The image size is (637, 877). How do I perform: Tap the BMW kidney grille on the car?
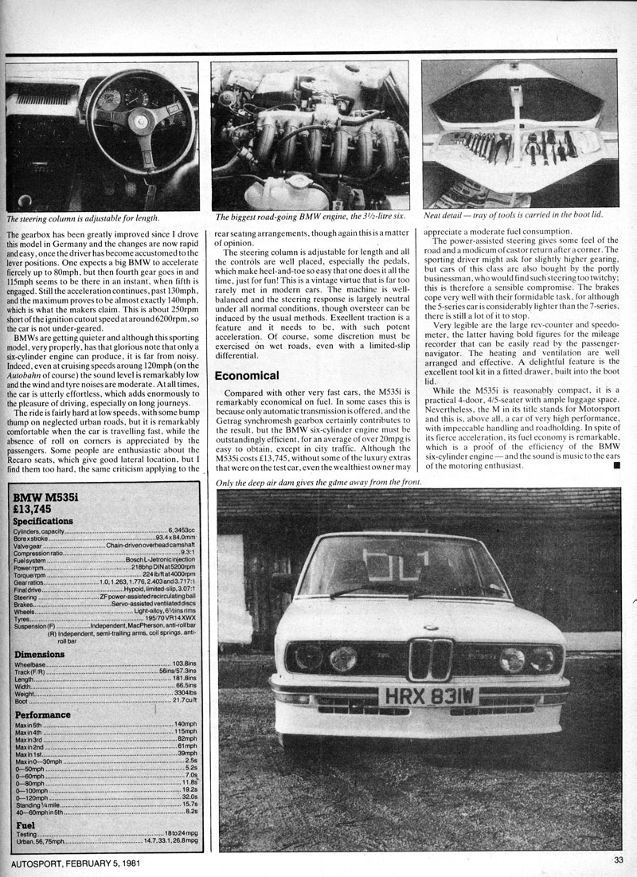(430, 659)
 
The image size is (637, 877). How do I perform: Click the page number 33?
(618, 859)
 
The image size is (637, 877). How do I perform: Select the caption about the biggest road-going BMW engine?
(311, 216)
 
